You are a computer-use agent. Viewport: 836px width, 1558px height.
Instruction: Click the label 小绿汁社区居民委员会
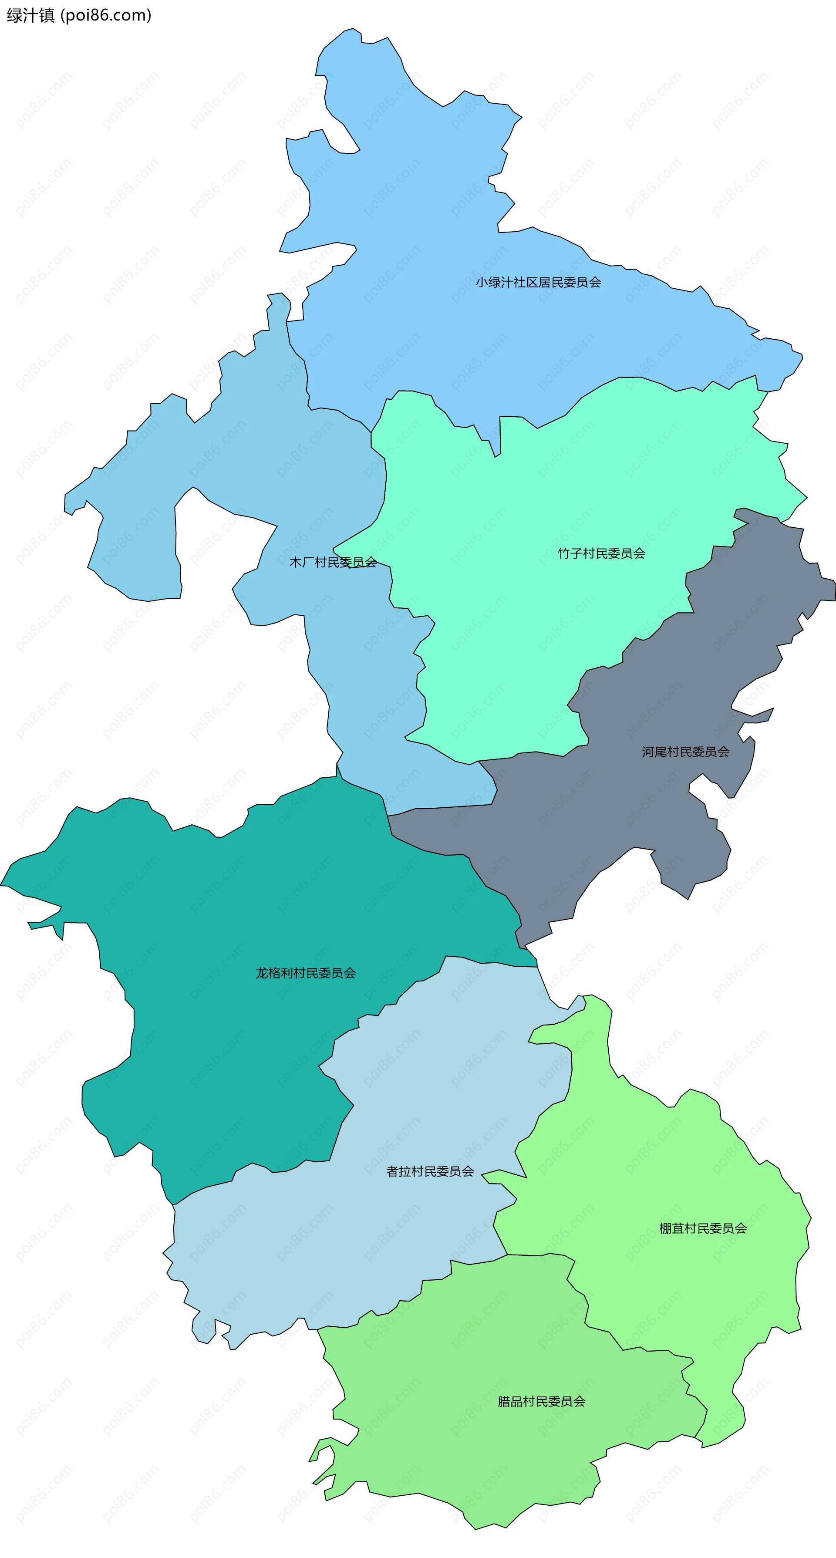pos(538,283)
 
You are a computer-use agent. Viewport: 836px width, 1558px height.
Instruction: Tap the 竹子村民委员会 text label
pos(601,553)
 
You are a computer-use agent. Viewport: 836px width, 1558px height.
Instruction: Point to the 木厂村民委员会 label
pos(333,563)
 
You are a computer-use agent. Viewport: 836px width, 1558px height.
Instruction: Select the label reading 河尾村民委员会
pos(685,752)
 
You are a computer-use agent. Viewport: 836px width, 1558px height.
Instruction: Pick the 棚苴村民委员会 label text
pos(703,1228)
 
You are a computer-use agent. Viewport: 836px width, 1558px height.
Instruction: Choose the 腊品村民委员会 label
pos(541,1401)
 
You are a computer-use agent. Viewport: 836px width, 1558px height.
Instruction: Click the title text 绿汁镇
pos(30,15)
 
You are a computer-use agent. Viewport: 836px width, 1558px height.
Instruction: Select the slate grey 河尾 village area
pos(605,816)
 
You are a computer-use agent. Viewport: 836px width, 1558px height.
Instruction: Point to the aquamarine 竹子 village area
pos(514,635)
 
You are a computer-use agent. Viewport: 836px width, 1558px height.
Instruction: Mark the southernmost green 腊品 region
pos(484,1452)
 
